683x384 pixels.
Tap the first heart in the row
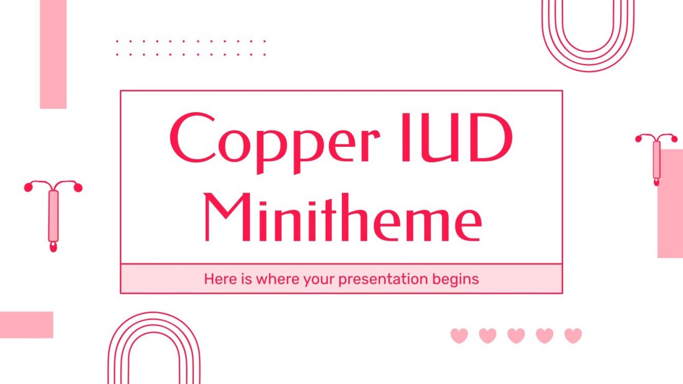tap(459, 336)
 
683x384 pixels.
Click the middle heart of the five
tap(516, 336)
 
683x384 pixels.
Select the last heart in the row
tap(573, 336)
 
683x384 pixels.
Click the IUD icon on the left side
tap(53, 214)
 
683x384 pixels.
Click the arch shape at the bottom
tap(154, 349)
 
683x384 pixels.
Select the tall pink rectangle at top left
tap(53, 54)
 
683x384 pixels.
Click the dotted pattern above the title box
tap(190, 47)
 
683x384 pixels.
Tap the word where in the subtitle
tap(276, 279)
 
